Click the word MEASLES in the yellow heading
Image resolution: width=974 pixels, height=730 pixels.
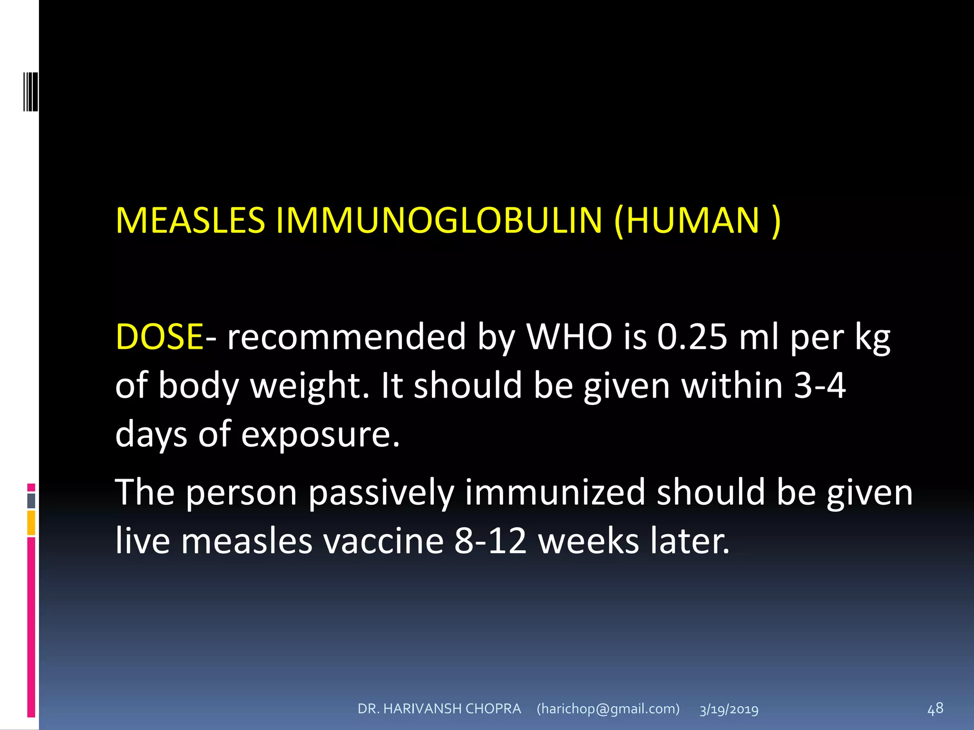(190, 221)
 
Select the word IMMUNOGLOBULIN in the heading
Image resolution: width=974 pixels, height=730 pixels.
(439, 221)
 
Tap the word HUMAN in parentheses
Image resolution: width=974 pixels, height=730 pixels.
(692, 221)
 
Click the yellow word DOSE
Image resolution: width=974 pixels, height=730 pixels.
(159, 336)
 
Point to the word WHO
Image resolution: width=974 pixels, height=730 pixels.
(569, 336)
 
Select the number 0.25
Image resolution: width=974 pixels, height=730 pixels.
(692, 336)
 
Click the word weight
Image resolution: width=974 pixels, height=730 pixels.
(310, 385)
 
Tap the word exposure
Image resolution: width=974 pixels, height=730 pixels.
(320, 434)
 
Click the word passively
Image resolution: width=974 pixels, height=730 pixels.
(381, 492)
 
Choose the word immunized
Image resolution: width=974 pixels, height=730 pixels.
(555, 492)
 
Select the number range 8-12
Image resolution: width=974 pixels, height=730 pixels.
(490, 541)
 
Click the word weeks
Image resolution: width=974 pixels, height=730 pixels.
(588, 541)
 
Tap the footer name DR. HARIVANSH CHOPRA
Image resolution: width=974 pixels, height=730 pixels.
(439, 709)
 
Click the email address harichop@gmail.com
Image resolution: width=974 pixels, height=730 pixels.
(608, 709)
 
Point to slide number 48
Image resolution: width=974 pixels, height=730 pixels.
(935, 709)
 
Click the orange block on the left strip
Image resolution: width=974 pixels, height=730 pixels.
(31, 523)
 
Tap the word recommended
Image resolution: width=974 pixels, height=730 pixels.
(346, 336)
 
